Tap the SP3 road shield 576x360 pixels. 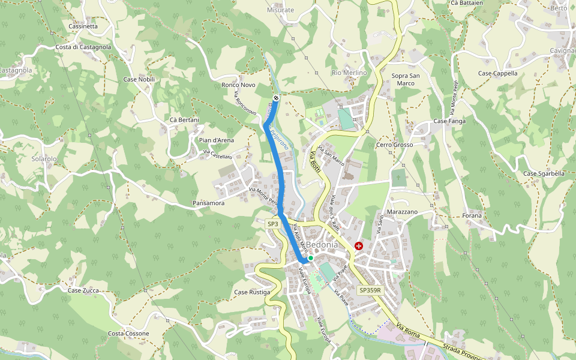click(273, 224)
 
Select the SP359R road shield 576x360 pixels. click(370, 290)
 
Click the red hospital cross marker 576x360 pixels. click(359, 246)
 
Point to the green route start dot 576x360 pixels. click(311, 258)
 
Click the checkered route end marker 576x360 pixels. click(276, 97)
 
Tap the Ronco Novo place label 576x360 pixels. click(238, 85)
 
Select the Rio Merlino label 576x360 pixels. click(349, 73)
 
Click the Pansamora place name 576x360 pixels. click(209, 203)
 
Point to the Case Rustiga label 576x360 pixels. click(252, 292)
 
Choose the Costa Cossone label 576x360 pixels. click(128, 334)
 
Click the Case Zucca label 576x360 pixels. click(83, 290)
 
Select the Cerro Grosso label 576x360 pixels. click(394, 145)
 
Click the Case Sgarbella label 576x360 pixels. click(544, 174)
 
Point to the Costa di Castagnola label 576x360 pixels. click(83, 47)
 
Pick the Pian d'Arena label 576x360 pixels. click(216, 140)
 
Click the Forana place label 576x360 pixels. click(472, 215)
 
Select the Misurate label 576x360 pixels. click(281, 10)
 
